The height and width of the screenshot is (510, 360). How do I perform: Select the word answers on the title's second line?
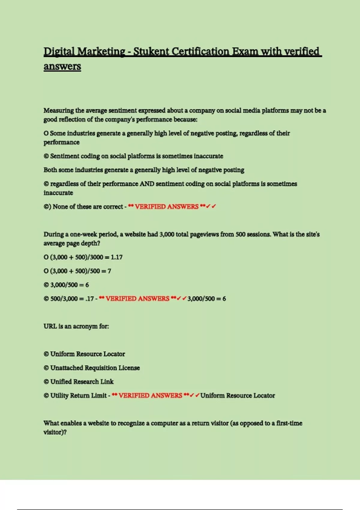pyautogui.click(x=62, y=66)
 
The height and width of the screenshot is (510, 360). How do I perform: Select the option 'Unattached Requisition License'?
pyautogui.click(x=95, y=368)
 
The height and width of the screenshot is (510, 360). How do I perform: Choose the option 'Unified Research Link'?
pyautogui.click(x=82, y=382)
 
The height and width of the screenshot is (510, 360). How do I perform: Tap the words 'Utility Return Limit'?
pyautogui.click(x=78, y=395)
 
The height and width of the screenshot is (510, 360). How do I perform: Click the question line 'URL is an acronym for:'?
pyautogui.click(x=76, y=326)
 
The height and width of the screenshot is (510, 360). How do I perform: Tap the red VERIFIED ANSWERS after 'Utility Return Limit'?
pyautogui.click(x=150, y=395)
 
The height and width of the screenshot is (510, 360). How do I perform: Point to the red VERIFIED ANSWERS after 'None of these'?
pyautogui.click(x=166, y=207)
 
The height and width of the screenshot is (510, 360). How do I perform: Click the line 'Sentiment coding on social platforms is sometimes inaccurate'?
pyautogui.click(x=136, y=156)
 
